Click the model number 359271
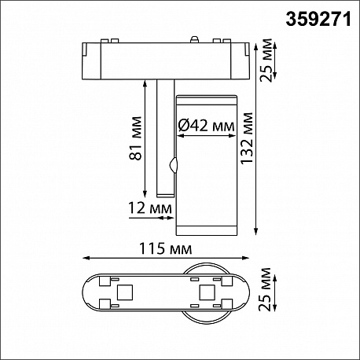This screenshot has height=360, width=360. pos(318,19)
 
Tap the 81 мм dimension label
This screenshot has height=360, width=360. pos(136,138)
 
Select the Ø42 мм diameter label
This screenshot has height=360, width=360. pos(206,126)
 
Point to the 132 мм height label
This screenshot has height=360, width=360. pos(247,138)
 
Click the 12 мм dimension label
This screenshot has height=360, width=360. pos(150,208)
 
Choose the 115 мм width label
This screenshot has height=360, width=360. pos(166,248)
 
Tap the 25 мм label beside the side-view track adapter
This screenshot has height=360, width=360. pos(266,61)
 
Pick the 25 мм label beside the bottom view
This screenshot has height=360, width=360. pos(264,289)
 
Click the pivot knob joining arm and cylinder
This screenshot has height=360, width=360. pos(173,165)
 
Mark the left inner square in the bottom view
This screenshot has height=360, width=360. pos(125,292)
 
